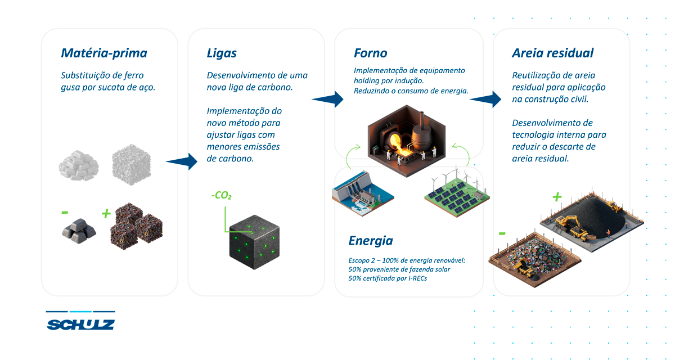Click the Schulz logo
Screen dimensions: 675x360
(x=80, y=321)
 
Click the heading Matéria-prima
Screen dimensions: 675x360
(x=104, y=53)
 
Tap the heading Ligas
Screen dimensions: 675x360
(x=222, y=53)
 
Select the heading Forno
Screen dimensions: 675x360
(x=370, y=53)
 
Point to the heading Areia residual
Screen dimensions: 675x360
(x=552, y=53)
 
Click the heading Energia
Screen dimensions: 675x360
(x=371, y=241)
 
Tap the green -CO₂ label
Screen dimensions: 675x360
(x=222, y=196)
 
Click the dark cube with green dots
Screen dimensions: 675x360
(x=254, y=242)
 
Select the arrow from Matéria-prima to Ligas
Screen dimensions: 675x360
(x=181, y=161)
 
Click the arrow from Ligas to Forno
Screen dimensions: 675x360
(x=327, y=99)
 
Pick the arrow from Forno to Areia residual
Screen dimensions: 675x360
(x=485, y=99)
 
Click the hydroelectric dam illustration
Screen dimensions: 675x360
(x=363, y=193)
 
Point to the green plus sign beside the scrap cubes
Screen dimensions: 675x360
(x=106, y=214)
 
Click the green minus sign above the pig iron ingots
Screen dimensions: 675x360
(x=65, y=213)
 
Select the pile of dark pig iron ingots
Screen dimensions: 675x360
(x=79, y=231)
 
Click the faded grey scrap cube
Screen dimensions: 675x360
(x=132, y=164)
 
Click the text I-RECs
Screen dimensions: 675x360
(x=417, y=278)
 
